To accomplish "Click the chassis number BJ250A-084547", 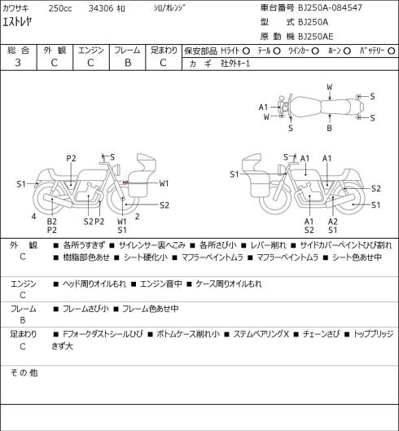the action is [330, 7].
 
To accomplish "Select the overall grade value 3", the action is [18, 63].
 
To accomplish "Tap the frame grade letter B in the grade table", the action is [128, 63].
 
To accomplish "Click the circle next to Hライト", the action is [246, 51].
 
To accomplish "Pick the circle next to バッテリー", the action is [392, 51].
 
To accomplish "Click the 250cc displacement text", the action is [60, 8].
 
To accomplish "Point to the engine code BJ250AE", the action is [316, 37].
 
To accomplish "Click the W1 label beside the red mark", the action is [164, 183].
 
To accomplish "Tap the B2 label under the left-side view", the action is [51, 222].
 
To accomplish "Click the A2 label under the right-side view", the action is [333, 222].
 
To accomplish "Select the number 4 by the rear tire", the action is [33, 217].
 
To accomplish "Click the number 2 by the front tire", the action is [137, 217].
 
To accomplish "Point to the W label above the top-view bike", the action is [330, 87].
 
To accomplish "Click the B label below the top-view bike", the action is [329, 128].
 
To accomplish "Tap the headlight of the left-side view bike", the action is [117, 169].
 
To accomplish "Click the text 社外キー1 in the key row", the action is [235, 64].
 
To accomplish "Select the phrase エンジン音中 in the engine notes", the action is [161, 284].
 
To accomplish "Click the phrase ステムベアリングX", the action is [261, 334].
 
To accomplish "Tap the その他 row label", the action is [24, 372].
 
